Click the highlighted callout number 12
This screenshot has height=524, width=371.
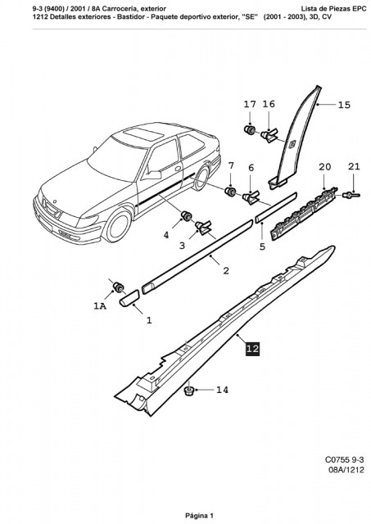(x=252, y=349)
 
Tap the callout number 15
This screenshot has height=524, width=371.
(x=344, y=105)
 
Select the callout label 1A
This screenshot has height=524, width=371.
(x=100, y=305)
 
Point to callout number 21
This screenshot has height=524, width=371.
(x=354, y=166)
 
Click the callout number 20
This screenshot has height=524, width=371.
(x=324, y=167)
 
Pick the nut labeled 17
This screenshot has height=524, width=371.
(x=249, y=129)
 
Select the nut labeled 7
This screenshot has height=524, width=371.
(x=230, y=192)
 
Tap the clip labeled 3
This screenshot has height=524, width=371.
(x=203, y=228)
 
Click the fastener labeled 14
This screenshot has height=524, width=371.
(x=189, y=391)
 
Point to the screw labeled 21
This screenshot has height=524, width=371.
(x=351, y=195)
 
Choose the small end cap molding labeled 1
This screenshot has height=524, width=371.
(x=129, y=297)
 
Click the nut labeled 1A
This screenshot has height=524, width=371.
(x=118, y=287)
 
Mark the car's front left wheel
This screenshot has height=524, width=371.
(x=117, y=225)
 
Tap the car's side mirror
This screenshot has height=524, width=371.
(x=153, y=174)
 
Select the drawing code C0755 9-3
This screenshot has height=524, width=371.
(x=344, y=459)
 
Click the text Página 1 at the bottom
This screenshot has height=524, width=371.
(x=199, y=515)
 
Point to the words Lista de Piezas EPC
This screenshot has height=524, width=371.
(x=333, y=9)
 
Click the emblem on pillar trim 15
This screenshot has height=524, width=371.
(x=292, y=144)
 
